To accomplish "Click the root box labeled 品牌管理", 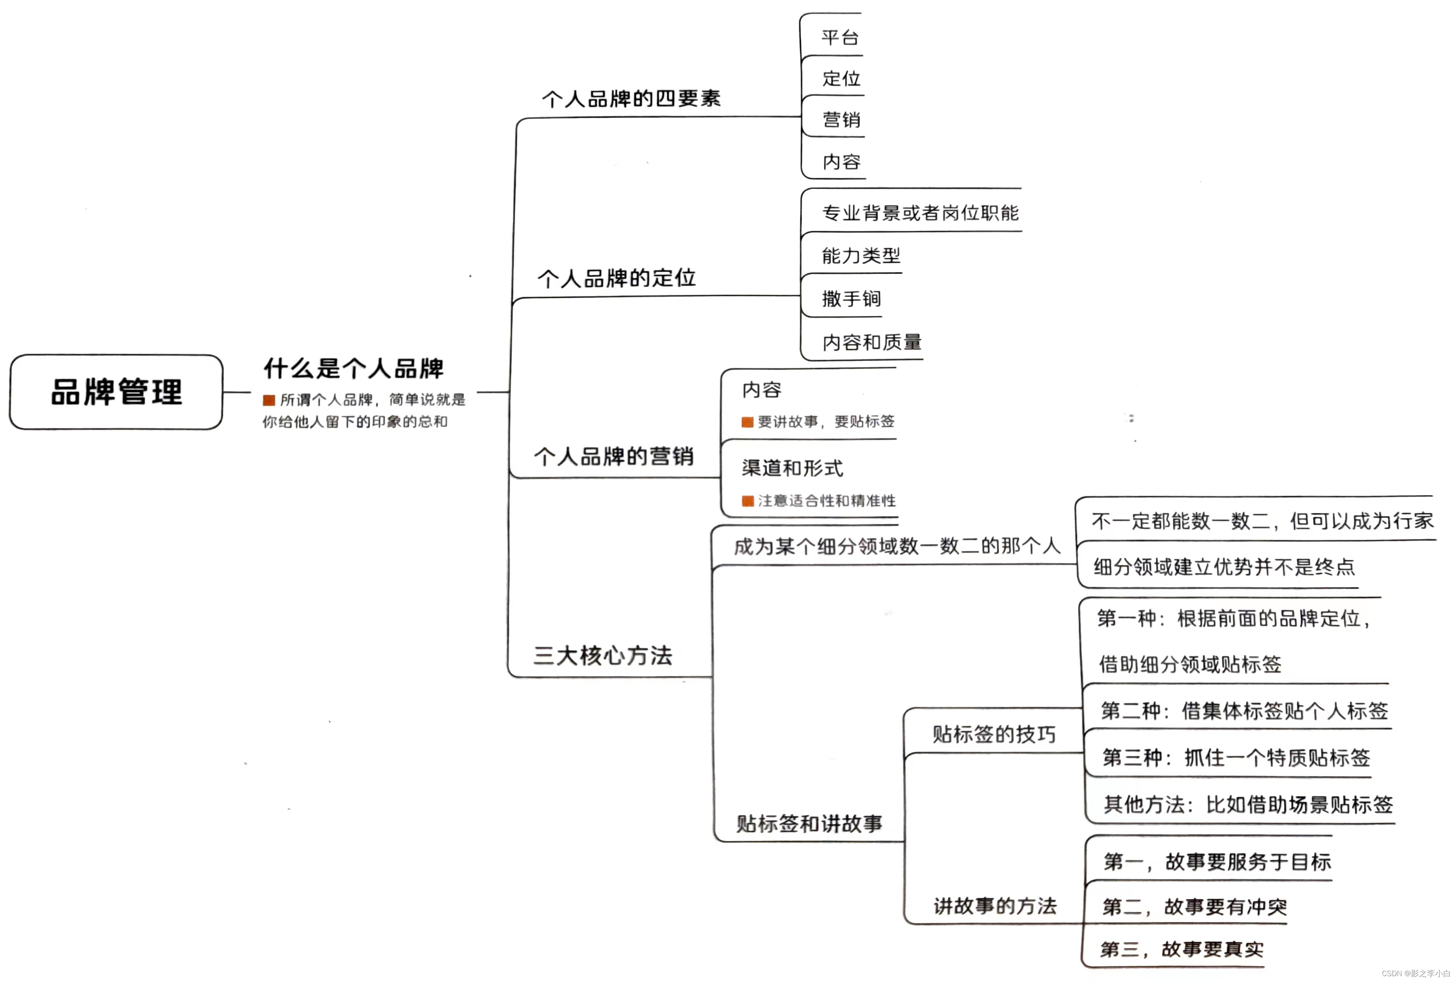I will tap(116, 392).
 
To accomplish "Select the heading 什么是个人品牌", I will tap(353, 369).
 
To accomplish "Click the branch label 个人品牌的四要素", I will tap(631, 99).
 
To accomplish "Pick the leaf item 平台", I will tap(840, 37).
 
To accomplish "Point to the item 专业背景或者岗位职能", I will tap(920, 214).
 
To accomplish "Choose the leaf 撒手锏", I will tap(851, 299).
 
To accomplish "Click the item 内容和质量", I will tap(871, 342).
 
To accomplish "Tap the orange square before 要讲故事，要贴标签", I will tap(747, 422).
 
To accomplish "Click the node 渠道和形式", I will tap(792, 468).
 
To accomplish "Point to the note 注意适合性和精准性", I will tap(827, 500).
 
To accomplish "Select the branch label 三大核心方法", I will tap(603, 655).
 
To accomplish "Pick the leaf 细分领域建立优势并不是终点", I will tap(1224, 567).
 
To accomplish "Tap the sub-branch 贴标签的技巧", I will tap(993, 734).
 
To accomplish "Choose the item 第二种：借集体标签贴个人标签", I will tap(1244, 711).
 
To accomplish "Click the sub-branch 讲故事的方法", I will tap(995, 905).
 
